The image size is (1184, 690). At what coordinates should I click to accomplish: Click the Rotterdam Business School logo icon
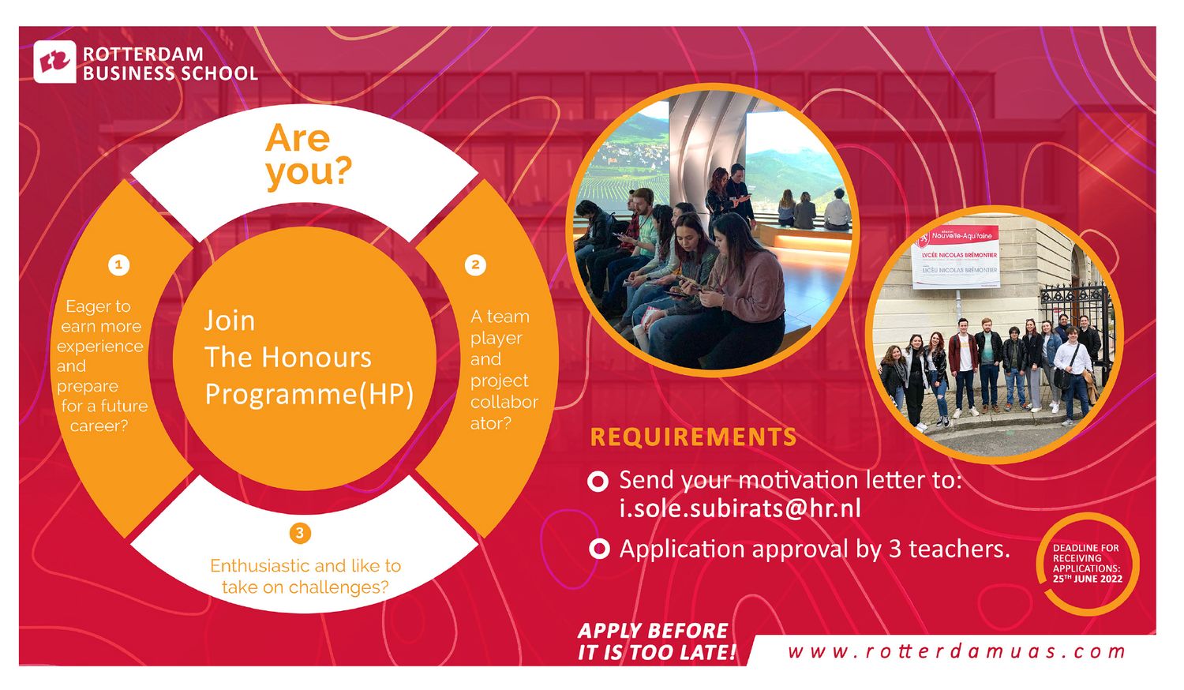click(55, 62)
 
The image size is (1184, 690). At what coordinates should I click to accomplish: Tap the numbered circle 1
click(119, 265)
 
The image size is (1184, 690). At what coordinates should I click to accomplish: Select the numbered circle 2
click(475, 265)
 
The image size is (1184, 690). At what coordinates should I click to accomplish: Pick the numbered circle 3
click(300, 533)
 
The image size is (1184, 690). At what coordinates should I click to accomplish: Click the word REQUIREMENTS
click(693, 437)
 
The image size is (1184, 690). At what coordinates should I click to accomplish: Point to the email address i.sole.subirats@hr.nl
click(740, 508)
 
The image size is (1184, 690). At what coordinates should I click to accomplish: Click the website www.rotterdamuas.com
click(957, 651)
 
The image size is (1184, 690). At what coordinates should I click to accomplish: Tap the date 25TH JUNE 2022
click(1088, 579)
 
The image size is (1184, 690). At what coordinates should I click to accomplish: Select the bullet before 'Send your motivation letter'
click(598, 482)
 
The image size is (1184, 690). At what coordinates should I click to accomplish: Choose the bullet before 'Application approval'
click(599, 549)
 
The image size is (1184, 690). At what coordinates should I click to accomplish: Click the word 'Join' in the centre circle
click(230, 321)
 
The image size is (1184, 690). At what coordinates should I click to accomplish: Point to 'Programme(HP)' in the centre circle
click(309, 395)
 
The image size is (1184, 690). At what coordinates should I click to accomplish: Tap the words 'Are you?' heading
click(308, 155)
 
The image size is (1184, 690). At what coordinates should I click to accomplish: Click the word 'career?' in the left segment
click(99, 426)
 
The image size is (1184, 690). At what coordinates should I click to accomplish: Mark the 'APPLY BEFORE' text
click(654, 630)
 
